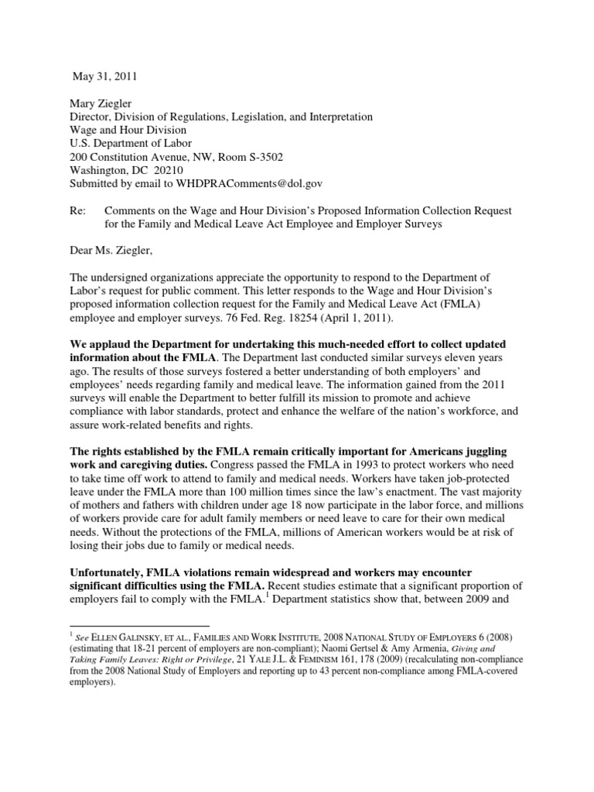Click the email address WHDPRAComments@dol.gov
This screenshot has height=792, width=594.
coord(245,183)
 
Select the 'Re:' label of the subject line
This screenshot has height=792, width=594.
coord(77,211)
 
